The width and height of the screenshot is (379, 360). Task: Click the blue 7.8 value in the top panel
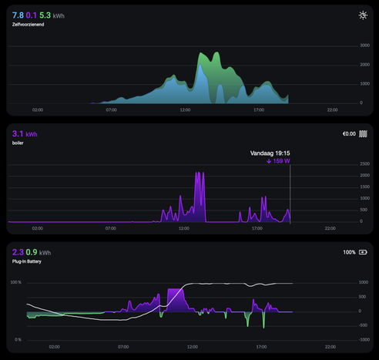click(x=18, y=15)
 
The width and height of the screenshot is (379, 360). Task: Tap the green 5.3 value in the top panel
click(x=45, y=15)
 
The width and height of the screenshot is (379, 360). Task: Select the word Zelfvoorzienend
click(x=28, y=25)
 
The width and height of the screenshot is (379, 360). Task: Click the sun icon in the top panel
click(x=363, y=15)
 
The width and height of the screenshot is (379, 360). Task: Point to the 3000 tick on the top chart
click(x=364, y=45)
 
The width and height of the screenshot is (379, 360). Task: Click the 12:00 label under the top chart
click(x=185, y=110)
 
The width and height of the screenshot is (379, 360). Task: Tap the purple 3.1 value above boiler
click(x=18, y=133)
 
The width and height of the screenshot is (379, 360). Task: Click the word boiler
click(x=18, y=143)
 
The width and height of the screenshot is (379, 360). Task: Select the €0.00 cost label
click(x=349, y=134)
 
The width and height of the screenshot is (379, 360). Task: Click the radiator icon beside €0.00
click(x=363, y=134)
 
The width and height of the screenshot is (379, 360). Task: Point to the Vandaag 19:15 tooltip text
click(x=270, y=153)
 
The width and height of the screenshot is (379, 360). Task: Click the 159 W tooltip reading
click(x=278, y=161)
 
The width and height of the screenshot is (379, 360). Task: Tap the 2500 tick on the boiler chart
click(x=365, y=164)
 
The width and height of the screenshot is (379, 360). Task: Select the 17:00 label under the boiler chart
click(x=257, y=228)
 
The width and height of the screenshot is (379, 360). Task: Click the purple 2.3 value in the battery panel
click(x=18, y=252)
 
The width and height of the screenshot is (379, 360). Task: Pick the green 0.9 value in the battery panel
click(x=32, y=252)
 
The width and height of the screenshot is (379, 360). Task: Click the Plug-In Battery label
click(x=27, y=261)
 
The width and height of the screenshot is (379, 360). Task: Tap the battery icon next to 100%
click(x=363, y=252)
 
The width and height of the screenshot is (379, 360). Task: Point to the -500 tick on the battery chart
click(x=364, y=325)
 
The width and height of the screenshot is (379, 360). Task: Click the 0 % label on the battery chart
click(x=18, y=340)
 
